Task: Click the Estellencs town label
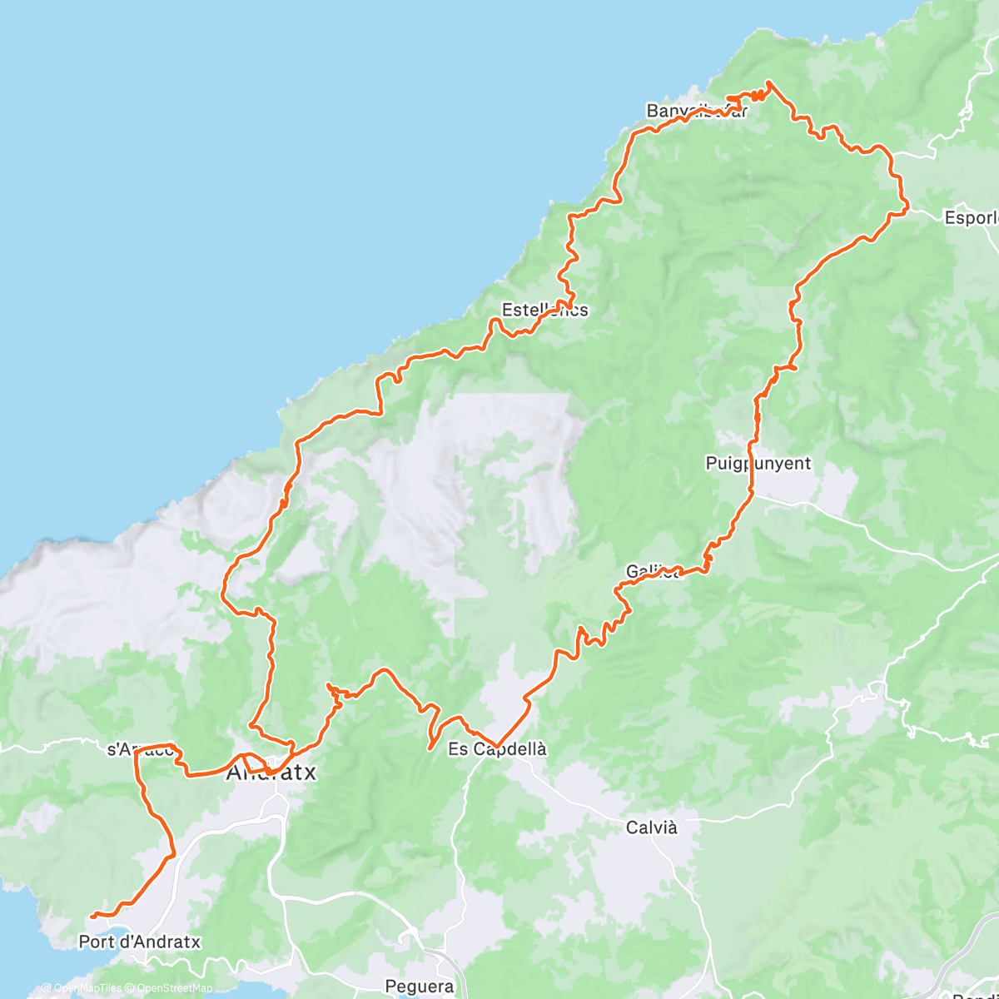[x=544, y=311]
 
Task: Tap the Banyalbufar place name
[x=697, y=111]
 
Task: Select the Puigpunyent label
[x=758, y=464]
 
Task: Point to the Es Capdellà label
[x=497, y=749]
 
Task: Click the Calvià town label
[x=651, y=828]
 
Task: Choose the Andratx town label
[x=271, y=773]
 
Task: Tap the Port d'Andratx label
[x=139, y=942]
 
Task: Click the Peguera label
[x=420, y=987]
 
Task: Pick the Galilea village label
[x=653, y=572]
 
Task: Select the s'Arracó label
[x=141, y=749]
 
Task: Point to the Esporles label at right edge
[x=972, y=218]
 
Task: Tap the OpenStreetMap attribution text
[x=171, y=989]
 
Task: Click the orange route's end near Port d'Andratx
[x=91, y=916]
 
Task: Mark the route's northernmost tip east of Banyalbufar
[x=769, y=82]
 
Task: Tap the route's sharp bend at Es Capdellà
[x=497, y=745]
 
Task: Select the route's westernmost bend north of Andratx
[x=222, y=592]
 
